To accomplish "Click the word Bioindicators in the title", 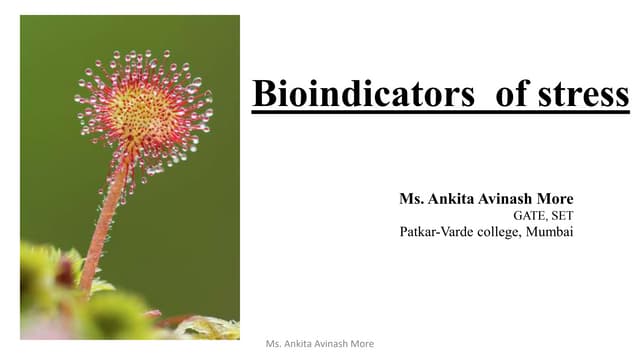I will click(x=362, y=94).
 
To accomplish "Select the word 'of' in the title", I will click(x=512, y=94).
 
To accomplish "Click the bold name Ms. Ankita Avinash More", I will click(x=486, y=198).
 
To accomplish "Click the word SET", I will click(x=562, y=215).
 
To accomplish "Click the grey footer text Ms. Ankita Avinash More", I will click(x=320, y=344).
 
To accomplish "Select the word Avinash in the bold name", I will click(x=505, y=198).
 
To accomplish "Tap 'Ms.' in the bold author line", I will click(x=411, y=198).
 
